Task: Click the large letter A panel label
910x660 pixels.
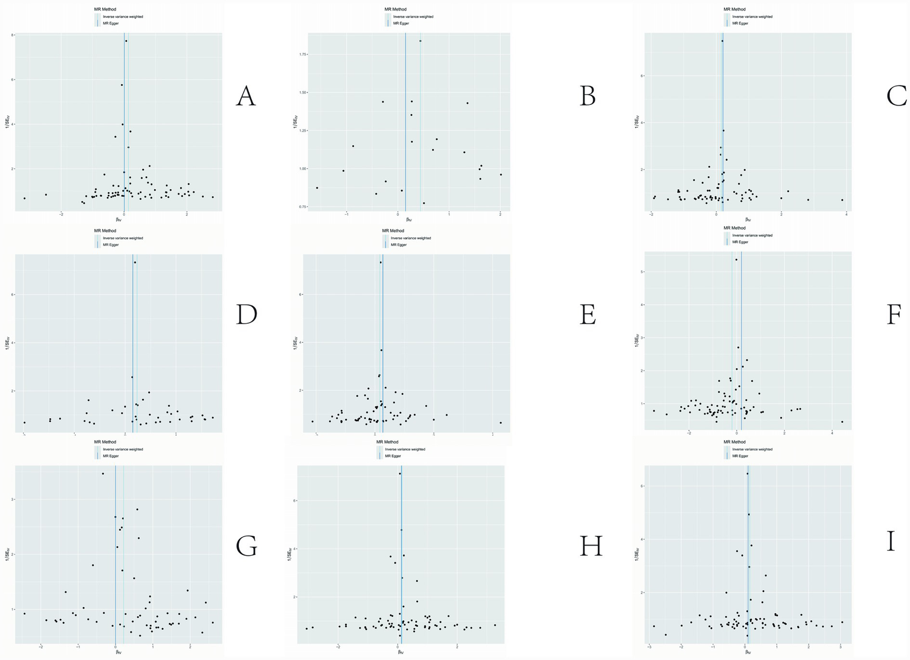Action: [x=245, y=96]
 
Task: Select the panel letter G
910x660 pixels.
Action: [x=246, y=546]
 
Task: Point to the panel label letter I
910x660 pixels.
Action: [x=890, y=541]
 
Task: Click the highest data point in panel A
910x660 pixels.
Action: [x=126, y=41]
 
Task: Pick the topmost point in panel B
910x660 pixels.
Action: [x=420, y=41]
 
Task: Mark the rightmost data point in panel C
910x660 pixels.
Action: [x=842, y=200]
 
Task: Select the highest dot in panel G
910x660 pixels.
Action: [x=103, y=473]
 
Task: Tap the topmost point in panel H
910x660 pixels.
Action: [x=400, y=473]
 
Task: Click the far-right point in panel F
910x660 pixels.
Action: [x=842, y=422]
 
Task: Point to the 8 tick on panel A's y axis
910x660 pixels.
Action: [x=12, y=36]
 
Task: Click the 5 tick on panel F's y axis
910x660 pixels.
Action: [x=643, y=272]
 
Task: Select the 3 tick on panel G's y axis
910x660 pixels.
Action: [x=12, y=499]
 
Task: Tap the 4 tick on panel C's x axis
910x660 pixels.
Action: [x=846, y=213]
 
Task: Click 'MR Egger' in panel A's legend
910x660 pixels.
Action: [x=111, y=24]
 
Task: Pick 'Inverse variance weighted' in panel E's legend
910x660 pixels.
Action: [x=410, y=238]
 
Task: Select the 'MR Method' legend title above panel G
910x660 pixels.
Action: [x=105, y=442]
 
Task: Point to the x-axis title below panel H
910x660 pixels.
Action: [x=400, y=652]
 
